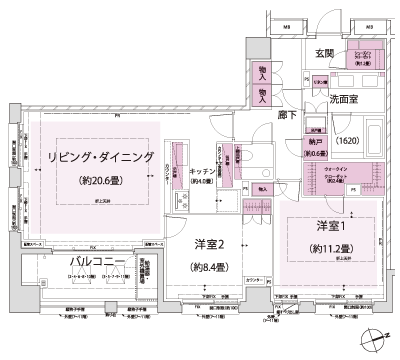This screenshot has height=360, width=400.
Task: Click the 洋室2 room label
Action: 208,243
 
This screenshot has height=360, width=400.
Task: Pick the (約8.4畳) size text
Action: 208,268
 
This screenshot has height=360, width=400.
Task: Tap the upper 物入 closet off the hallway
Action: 262,72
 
